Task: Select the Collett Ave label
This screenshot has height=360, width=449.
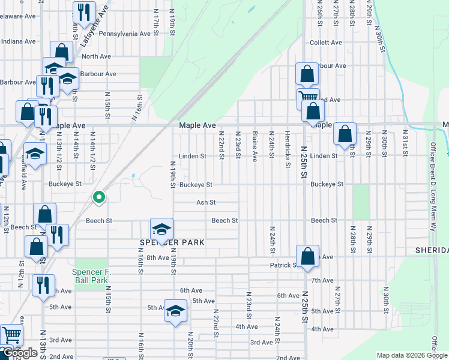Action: click(x=326, y=43)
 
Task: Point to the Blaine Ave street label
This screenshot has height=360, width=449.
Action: click(x=255, y=146)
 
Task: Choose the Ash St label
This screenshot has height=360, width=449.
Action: click(x=206, y=203)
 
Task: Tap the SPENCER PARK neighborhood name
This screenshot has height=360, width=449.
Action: click(x=172, y=242)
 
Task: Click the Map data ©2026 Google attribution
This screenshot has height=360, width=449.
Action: click(x=411, y=355)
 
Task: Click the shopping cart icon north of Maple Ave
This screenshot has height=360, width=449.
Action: click(x=308, y=98)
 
